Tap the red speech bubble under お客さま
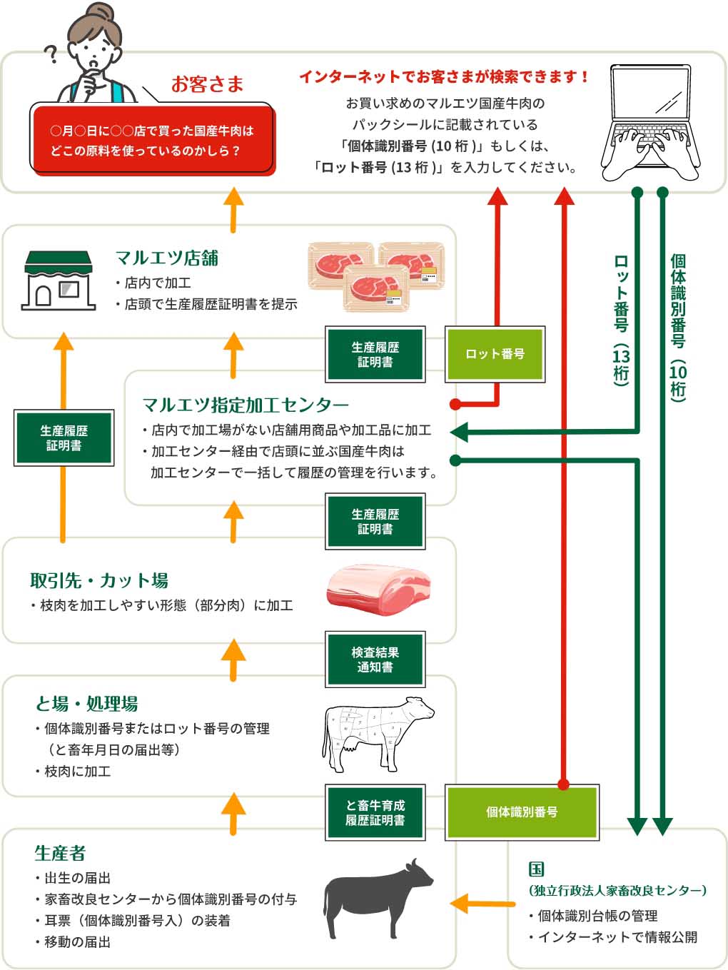151,140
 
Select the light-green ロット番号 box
495,354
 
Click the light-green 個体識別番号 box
522,812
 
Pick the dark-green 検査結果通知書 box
375,660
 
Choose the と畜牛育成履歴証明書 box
375,812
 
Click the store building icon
59,280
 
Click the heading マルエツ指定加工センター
246,405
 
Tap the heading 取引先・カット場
99,580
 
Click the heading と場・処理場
86,704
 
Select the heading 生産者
60,853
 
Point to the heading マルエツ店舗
167,258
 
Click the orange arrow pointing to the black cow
482,904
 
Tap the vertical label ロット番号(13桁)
622,320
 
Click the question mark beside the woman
51,54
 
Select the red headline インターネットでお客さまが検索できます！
444,76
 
